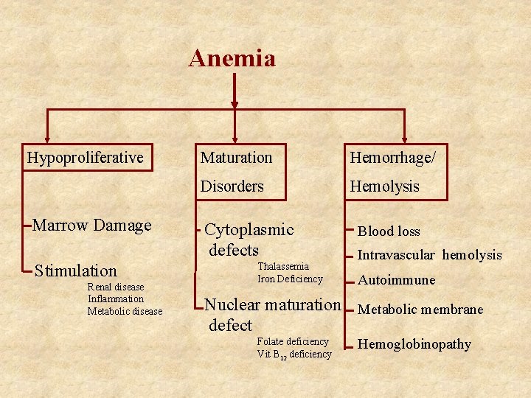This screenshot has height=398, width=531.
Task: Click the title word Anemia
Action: click(232, 58)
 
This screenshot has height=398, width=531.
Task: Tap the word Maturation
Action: click(236, 157)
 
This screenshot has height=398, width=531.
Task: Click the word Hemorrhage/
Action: click(392, 157)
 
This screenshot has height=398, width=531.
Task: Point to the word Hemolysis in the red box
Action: click(384, 186)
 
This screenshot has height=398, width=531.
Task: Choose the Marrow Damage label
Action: click(92, 226)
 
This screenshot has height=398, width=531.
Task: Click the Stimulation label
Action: click(76, 270)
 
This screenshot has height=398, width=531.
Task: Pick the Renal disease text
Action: click(115, 287)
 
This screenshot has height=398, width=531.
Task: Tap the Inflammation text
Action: click(115, 298)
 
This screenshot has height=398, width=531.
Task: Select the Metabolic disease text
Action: click(125, 311)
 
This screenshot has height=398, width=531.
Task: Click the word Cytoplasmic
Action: click(249, 230)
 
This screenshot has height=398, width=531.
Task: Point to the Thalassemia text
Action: click(282, 266)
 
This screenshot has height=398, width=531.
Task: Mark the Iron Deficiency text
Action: click(290, 279)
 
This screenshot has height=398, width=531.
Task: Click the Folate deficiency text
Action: click(292, 342)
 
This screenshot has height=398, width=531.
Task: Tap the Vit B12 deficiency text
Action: click(294, 355)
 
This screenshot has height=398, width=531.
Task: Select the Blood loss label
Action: click(389, 231)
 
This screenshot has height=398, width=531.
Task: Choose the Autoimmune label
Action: click(396, 280)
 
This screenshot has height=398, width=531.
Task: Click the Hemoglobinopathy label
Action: click(414, 344)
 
